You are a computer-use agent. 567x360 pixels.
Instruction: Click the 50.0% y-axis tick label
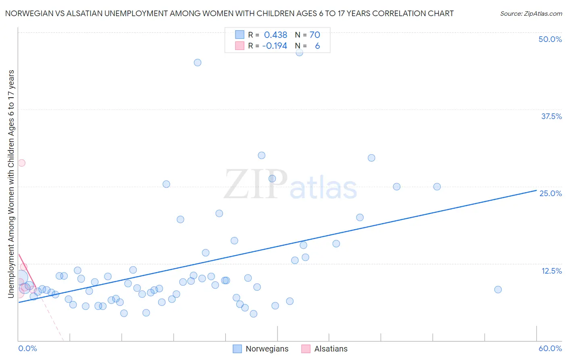550,39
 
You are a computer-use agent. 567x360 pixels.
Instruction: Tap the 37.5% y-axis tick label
551,116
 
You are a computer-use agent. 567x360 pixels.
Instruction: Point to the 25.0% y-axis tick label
550,193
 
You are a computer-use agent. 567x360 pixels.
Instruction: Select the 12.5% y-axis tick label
551,271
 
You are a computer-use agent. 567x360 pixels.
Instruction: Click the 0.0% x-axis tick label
27,348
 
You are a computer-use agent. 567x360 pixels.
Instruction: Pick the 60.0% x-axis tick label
550,348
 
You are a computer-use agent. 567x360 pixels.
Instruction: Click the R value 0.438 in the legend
275,35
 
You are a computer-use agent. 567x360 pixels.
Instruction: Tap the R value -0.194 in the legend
275,46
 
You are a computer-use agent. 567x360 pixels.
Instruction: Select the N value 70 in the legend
315,35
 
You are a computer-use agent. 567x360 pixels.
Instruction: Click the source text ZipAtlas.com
531,13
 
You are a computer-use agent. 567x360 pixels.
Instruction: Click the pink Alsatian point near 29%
22,163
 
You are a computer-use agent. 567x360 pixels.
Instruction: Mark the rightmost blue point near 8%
498,289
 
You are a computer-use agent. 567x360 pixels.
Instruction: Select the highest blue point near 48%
299,52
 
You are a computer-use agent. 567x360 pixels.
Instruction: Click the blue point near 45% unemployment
198,63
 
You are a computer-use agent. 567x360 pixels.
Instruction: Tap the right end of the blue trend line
536,190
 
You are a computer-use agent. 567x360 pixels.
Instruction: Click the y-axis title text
11,184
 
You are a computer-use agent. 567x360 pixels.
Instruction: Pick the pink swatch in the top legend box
240,46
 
